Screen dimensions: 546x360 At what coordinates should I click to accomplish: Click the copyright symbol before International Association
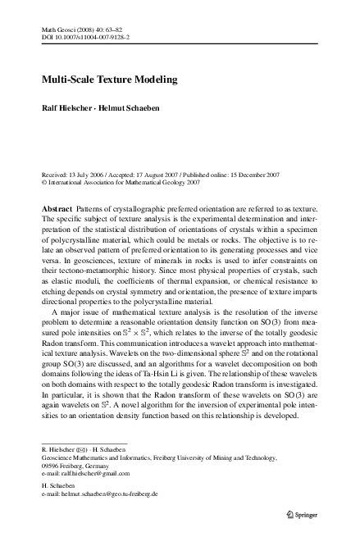click(x=43, y=184)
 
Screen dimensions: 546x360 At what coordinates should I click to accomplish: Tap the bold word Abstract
click(x=57, y=211)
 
